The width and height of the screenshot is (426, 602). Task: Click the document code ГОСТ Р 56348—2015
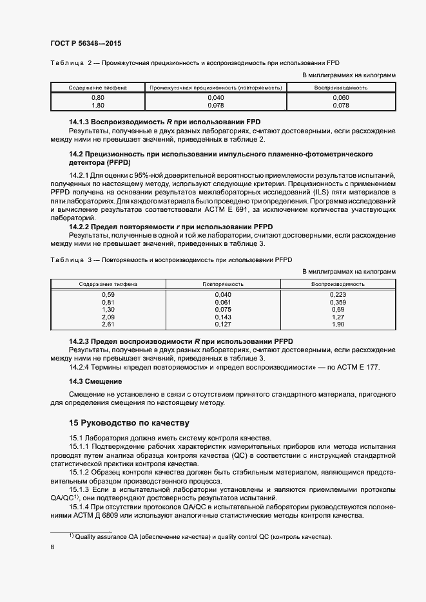(x=85, y=43)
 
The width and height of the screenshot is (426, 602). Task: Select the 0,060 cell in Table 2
(x=340, y=97)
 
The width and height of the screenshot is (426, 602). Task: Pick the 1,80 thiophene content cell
(x=98, y=105)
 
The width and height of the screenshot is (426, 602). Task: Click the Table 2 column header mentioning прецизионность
(x=216, y=87)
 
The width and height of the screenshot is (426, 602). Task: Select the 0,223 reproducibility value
(x=338, y=294)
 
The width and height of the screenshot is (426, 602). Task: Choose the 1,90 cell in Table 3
(x=338, y=325)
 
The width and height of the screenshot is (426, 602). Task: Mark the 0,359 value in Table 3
(x=338, y=302)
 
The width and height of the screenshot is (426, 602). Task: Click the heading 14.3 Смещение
(x=96, y=382)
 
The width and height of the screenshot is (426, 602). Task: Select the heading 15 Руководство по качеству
(x=129, y=423)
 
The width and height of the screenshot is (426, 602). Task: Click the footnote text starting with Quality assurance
(x=203, y=537)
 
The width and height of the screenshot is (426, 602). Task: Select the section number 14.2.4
(x=81, y=367)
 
